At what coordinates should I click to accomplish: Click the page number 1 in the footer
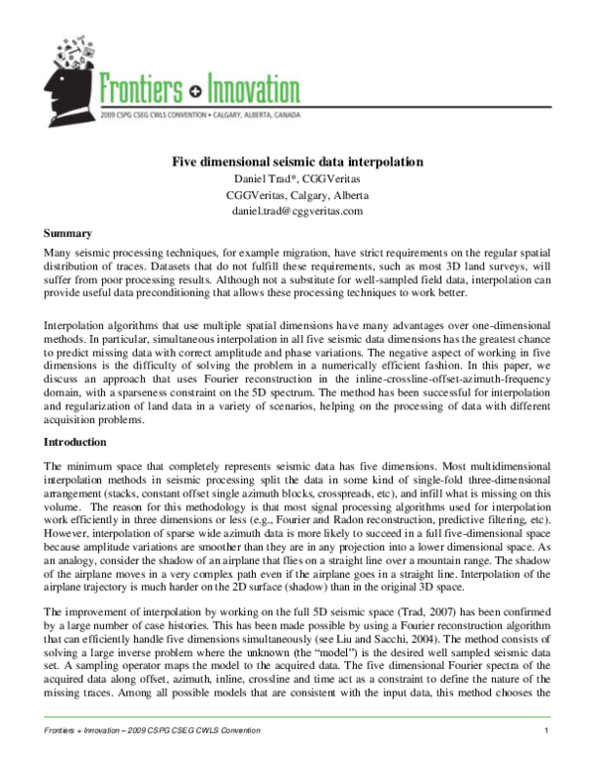tap(547, 758)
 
